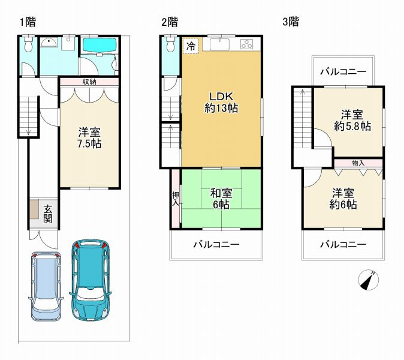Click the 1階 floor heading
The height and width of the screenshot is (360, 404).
(x=28, y=22)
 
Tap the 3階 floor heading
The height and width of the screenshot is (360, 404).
(x=291, y=22)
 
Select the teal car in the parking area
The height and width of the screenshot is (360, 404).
(x=90, y=280)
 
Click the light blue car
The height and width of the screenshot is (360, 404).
(x=46, y=286)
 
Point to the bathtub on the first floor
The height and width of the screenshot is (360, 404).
(x=100, y=45)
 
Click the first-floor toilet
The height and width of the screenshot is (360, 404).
(x=27, y=44)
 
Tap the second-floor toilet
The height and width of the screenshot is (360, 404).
(x=170, y=44)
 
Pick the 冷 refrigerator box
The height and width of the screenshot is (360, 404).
(x=191, y=46)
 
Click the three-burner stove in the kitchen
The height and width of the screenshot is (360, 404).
(x=247, y=44)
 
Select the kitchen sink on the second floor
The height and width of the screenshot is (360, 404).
(x=220, y=44)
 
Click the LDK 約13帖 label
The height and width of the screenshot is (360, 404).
(x=221, y=102)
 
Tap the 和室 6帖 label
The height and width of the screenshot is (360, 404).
(x=221, y=199)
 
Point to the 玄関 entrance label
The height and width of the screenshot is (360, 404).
(x=48, y=214)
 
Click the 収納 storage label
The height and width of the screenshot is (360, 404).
(x=89, y=82)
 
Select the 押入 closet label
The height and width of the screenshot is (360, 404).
(x=176, y=199)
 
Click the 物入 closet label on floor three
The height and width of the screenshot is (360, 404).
(x=358, y=163)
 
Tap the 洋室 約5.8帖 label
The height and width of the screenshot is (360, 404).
(x=352, y=120)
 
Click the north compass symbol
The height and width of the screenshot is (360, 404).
(x=369, y=280)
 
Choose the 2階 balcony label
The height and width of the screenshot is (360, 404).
(x=217, y=244)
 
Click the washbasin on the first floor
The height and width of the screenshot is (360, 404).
(x=49, y=43)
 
